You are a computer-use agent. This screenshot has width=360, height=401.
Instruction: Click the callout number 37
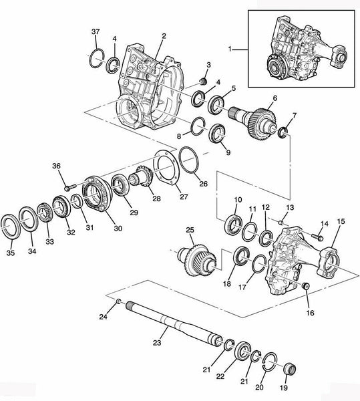click(96, 31)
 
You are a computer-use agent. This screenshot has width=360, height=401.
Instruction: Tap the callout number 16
click(310, 313)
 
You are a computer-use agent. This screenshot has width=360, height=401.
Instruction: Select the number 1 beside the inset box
click(230, 49)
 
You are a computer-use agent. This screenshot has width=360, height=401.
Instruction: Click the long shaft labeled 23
click(173, 323)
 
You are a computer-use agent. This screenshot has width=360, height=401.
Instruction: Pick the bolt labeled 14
click(317, 237)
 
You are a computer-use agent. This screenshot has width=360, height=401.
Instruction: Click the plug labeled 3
click(203, 82)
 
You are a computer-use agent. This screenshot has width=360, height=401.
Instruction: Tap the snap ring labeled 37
click(97, 59)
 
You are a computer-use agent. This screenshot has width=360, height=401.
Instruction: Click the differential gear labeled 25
click(197, 260)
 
